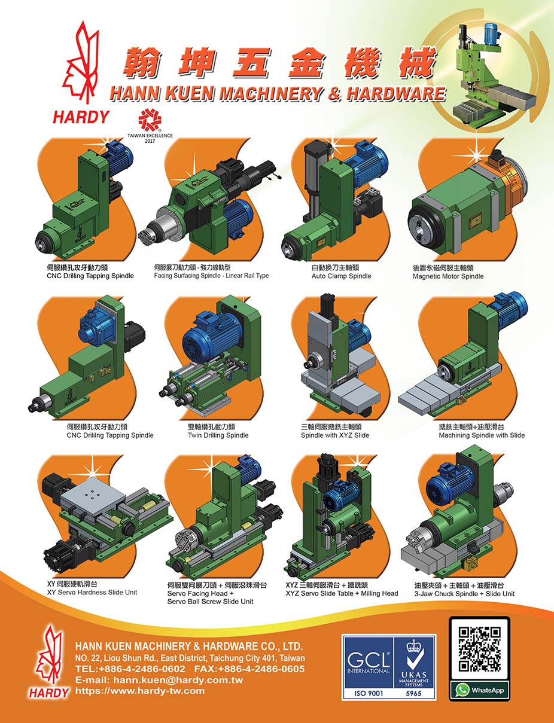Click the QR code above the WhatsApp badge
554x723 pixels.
click(479, 648)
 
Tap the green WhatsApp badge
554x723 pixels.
click(479, 690)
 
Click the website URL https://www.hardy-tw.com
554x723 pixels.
click(140, 691)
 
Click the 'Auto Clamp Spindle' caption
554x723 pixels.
click(341, 276)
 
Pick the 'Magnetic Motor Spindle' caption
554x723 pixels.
click(448, 276)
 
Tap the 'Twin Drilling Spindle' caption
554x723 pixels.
click(218, 435)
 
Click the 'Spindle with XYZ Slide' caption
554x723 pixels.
click(334, 435)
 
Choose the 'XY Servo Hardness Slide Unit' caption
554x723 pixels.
click(92, 592)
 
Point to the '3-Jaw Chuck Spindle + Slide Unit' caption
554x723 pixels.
click(464, 594)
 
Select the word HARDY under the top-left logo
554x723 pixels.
click(81, 117)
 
